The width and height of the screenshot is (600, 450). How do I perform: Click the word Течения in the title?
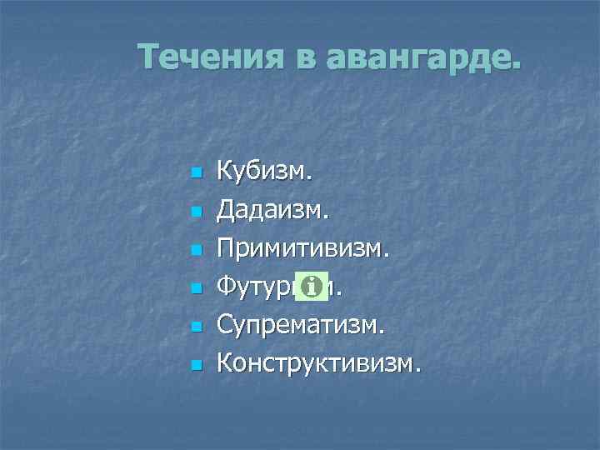coord(209,57)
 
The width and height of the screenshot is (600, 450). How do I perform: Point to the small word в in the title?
coord(303,59)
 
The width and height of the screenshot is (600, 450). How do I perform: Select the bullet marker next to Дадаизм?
coord(196,213)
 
